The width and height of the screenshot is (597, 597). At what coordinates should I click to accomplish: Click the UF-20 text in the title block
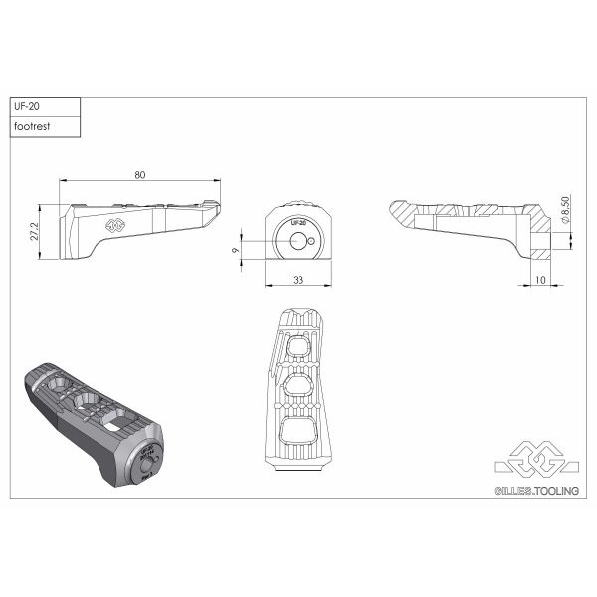(x=26, y=107)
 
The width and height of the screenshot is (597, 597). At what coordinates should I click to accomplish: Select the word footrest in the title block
(x=32, y=127)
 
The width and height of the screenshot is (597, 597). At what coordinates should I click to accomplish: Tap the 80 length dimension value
(x=139, y=175)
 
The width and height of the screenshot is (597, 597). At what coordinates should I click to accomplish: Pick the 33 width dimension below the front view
(x=298, y=281)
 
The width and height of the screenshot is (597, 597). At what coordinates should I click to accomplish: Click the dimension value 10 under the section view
(x=540, y=281)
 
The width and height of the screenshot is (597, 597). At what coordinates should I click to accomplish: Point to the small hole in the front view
(x=312, y=242)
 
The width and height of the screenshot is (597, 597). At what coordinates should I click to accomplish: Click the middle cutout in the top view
(x=299, y=386)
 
